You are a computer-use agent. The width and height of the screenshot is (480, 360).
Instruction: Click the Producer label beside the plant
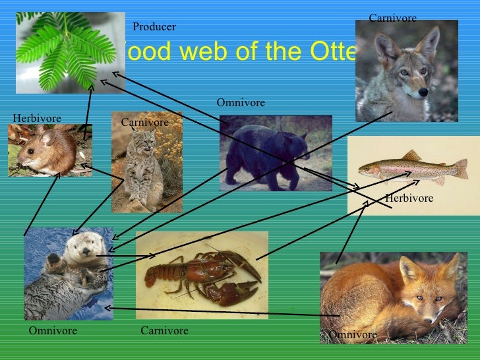(154, 27)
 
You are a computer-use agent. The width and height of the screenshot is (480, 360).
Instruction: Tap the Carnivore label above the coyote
(392, 18)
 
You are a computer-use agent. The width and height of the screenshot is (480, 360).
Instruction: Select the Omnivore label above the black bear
(241, 103)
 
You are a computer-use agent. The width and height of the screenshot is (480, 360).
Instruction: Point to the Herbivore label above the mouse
(37, 118)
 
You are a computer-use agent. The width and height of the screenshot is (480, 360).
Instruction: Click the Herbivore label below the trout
(409, 198)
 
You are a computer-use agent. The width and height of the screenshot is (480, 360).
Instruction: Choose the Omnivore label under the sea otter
(53, 330)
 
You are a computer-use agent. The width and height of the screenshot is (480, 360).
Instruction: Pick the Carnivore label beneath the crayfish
(164, 330)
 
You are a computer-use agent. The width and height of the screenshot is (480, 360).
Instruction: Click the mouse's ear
(47, 138)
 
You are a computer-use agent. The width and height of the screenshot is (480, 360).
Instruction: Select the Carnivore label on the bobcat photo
(145, 123)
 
